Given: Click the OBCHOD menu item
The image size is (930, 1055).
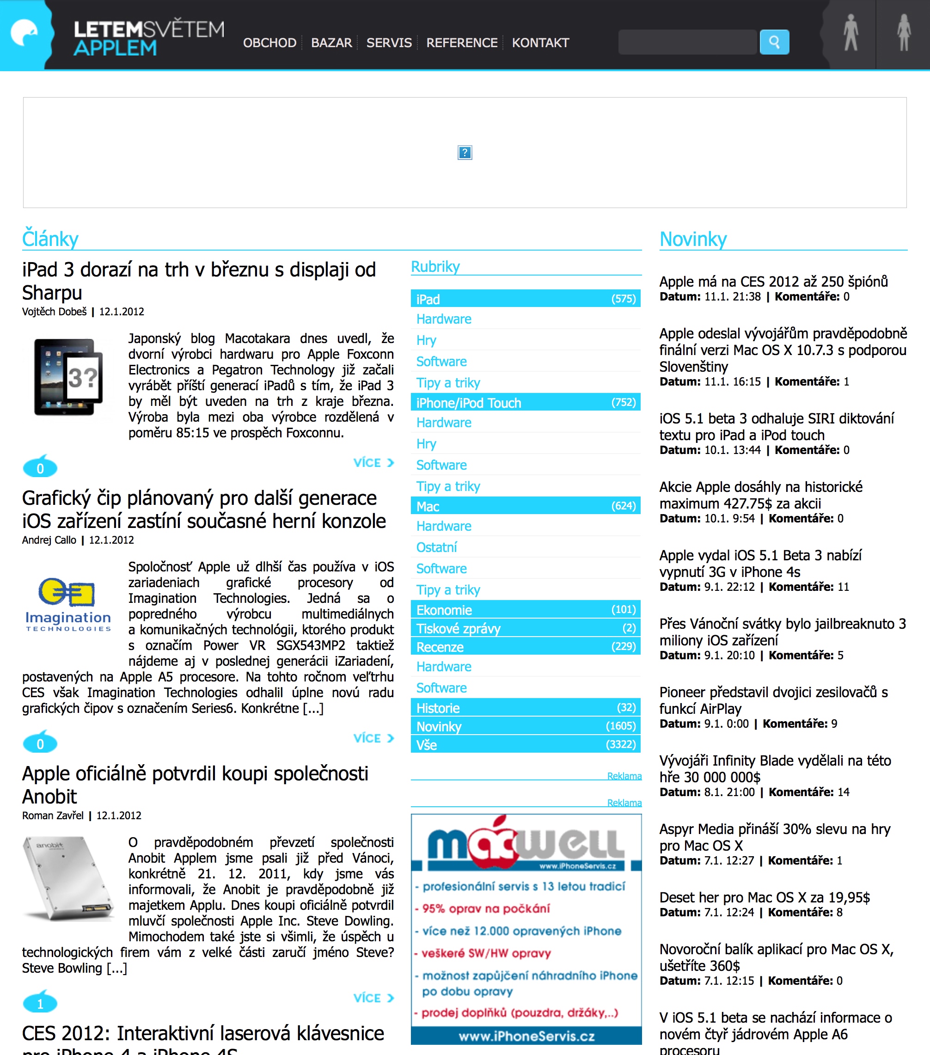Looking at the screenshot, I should tap(269, 43).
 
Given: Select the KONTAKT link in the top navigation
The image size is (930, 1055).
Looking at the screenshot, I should tap(540, 43).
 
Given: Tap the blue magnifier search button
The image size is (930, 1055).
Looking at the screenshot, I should tap(774, 42).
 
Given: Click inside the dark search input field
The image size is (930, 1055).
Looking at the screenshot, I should tap(687, 42).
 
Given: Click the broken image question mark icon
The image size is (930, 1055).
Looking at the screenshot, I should tap(465, 153).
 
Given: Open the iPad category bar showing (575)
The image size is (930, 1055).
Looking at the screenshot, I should tap(526, 299).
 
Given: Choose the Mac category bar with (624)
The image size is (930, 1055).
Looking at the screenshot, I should tap(526, 506).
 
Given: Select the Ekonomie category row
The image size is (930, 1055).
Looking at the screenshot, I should tap(526, 610).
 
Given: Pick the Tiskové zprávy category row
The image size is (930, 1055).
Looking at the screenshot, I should tap(526, 628).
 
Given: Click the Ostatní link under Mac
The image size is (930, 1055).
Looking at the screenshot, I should tap(437, 547).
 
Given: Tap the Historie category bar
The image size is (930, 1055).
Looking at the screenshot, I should tap(526, 708).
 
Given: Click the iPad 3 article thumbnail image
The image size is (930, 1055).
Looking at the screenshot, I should tap(68, 377).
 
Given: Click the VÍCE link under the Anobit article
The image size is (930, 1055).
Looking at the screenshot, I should tap(373, 998).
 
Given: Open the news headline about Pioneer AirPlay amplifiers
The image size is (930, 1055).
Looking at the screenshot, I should tap(773, 700).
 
